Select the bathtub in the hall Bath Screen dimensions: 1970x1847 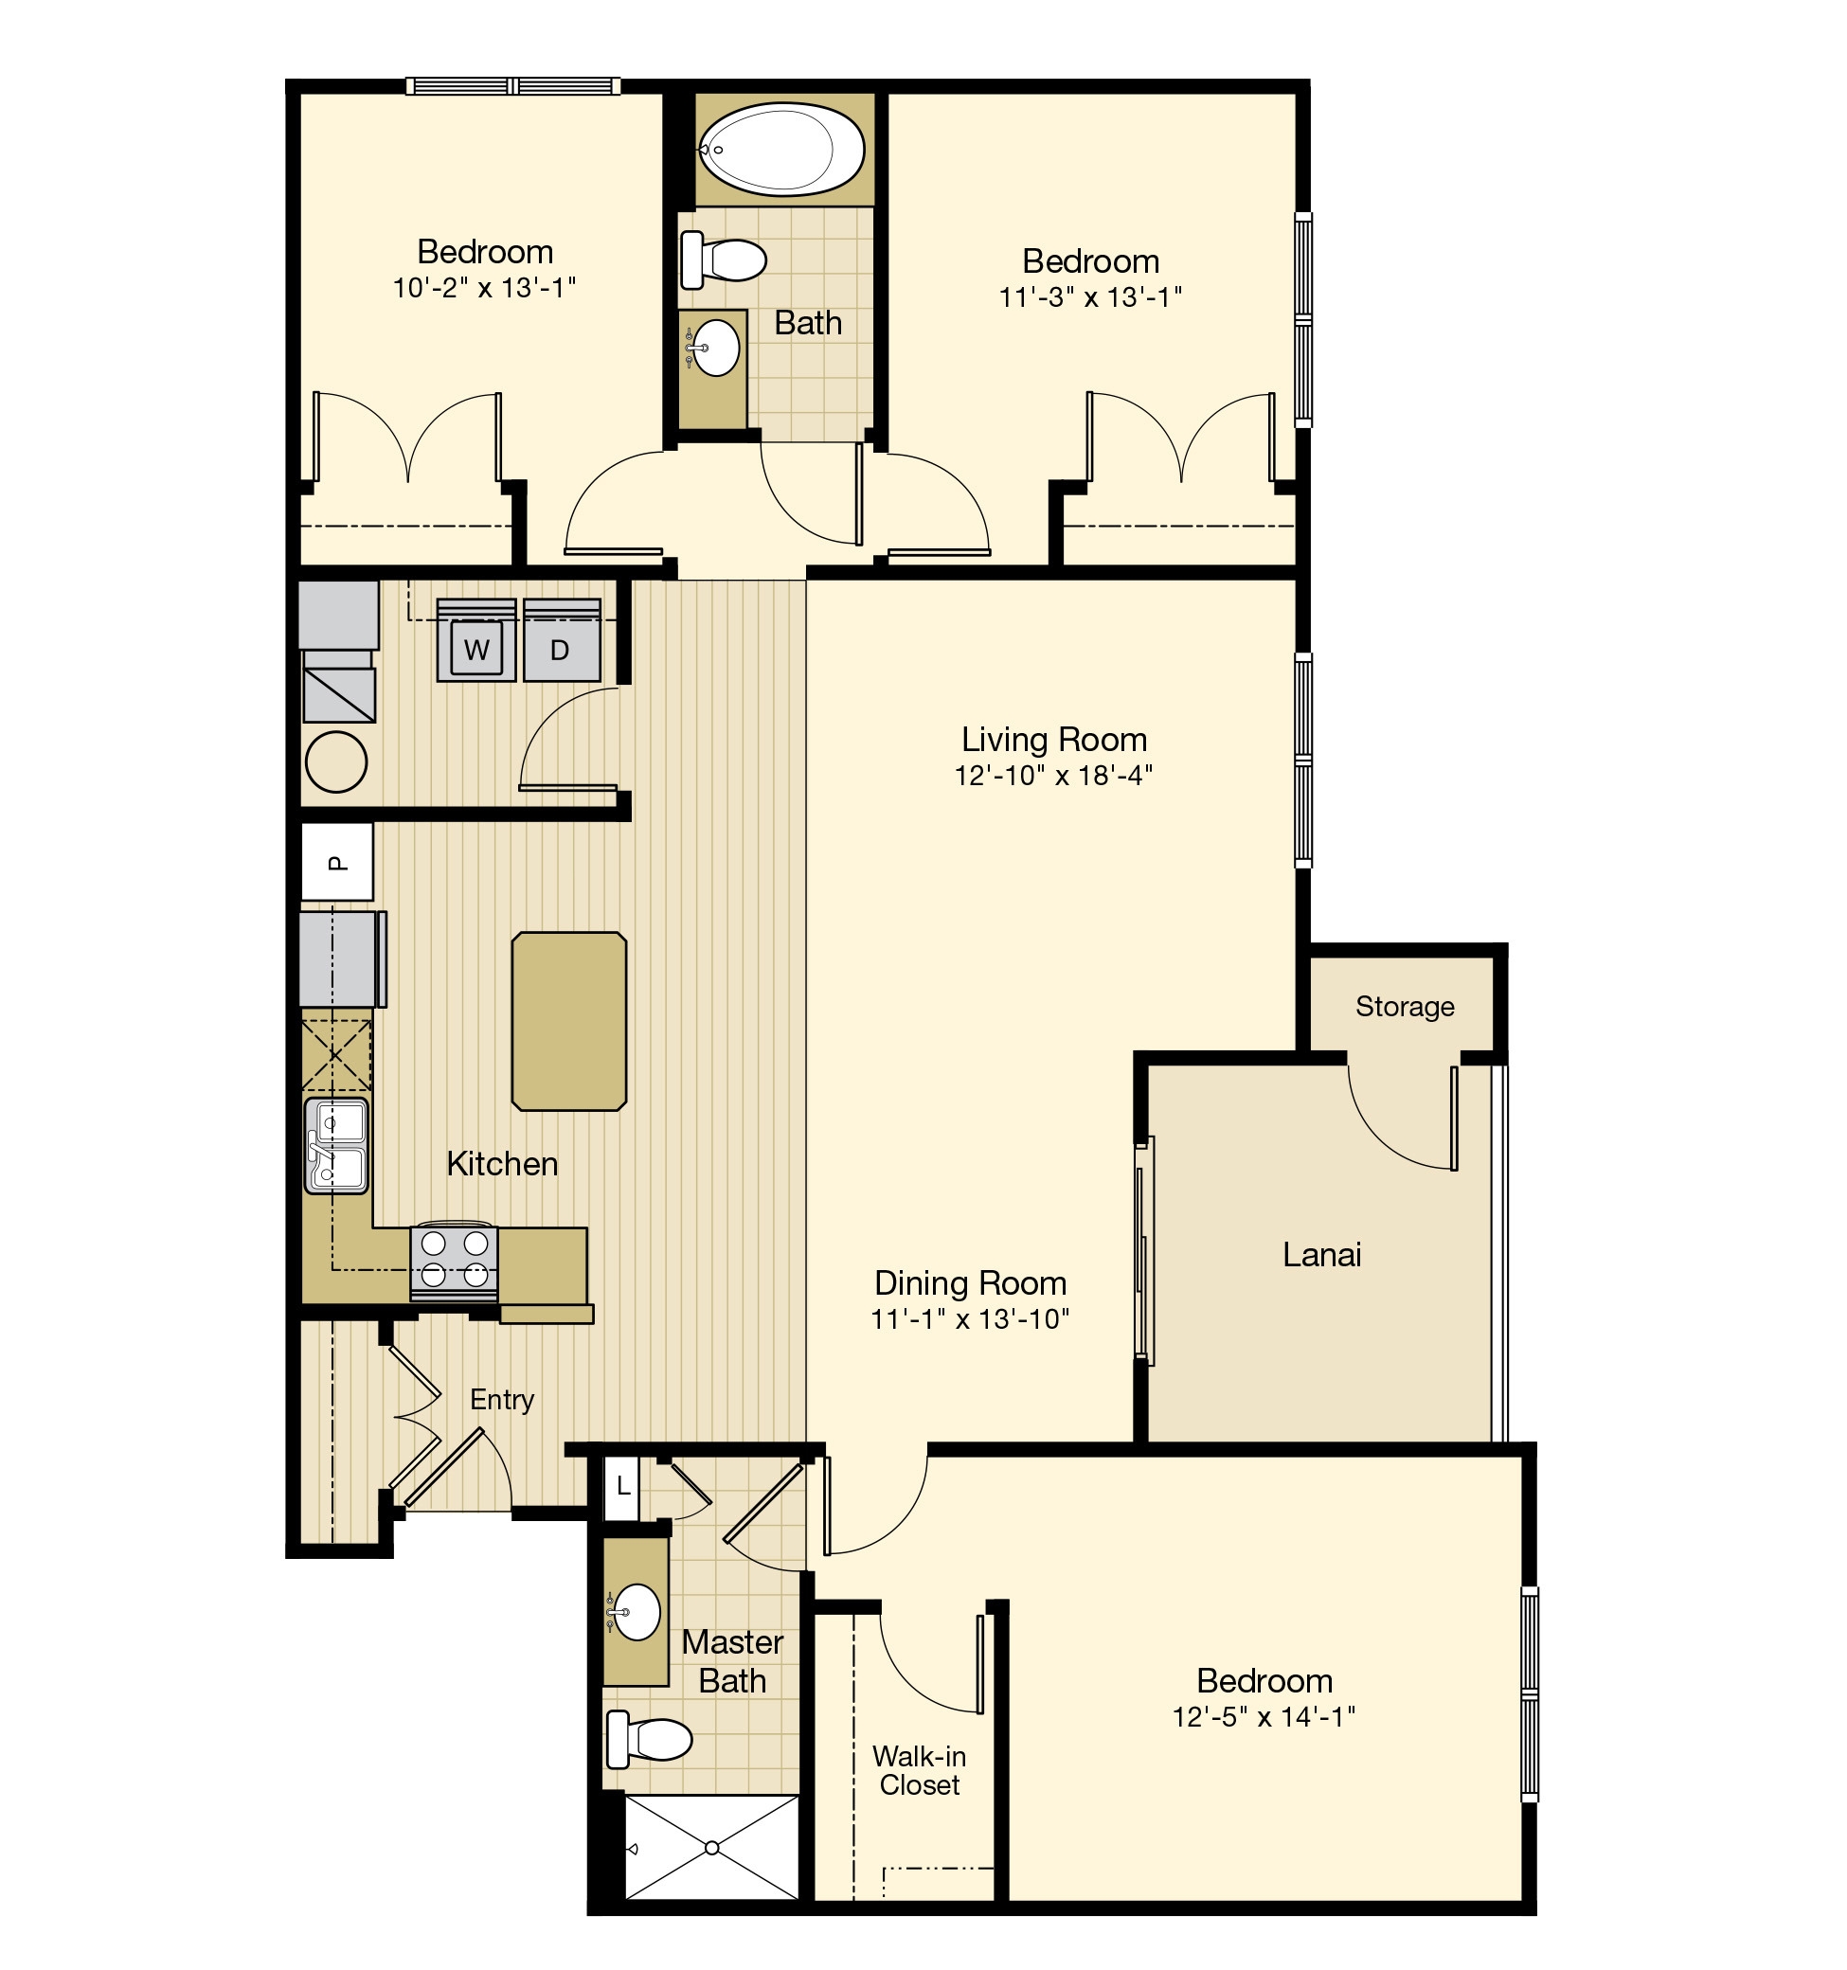(x=782, y=150)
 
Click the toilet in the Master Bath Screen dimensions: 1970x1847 (x=650, y=1738)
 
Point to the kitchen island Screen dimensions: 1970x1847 (x=568, y=1021)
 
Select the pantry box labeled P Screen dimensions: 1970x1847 (x=337, y=862)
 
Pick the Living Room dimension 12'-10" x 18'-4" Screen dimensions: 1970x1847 (x=1053, y=775)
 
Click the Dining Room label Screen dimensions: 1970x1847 (x=970, y=1282)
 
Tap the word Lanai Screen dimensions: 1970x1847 (x=1321, y=1255)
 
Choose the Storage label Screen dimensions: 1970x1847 (x=1404, y=1006)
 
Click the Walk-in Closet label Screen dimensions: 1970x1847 (x=919, y=1770)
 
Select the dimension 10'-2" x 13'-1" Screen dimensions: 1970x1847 (x=485, y=287)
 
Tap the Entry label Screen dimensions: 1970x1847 (x=501, y=1399)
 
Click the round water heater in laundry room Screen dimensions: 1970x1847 (x=336, y=761)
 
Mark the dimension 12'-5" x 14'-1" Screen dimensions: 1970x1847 (x=1264, y=1716)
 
